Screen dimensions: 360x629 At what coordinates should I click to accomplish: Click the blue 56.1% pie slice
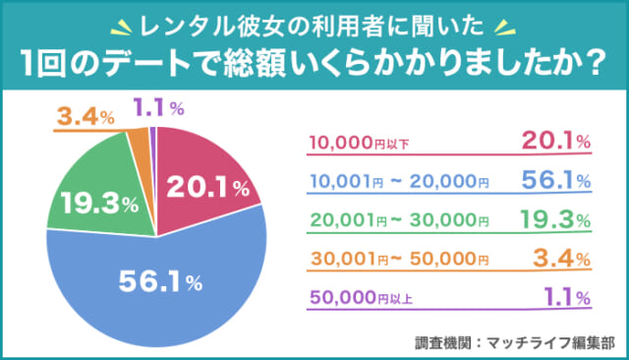(157, 285)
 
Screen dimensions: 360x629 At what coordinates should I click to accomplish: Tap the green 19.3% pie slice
(93, 202)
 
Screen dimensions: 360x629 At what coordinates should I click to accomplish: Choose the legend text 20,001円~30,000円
(398, 221)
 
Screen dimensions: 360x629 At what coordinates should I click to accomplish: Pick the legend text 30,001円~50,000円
(398, 260)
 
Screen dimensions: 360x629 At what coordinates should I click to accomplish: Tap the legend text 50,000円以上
(358, 298)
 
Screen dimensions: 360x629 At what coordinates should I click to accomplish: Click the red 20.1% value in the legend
(553, 142)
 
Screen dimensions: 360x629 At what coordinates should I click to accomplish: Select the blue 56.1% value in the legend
(553, 180)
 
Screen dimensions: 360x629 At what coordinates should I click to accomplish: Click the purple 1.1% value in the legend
(563, 296)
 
